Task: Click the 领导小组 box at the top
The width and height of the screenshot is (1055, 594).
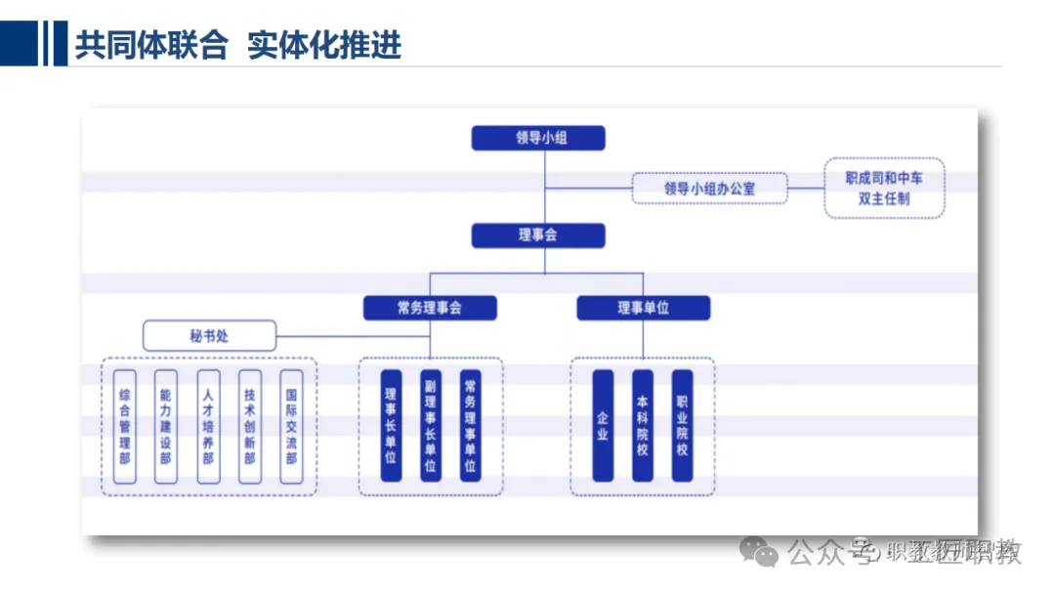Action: pyautogui.click(x=538, y=138)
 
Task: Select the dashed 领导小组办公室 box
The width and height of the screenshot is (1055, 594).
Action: pyautogui.click(x=709, y=188)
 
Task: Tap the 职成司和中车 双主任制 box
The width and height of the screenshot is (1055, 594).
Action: pyautogui.click(x=884, y=188)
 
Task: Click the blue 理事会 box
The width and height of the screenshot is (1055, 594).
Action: pyautogui.click(x=538, y=235)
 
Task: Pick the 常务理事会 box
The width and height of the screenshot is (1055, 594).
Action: pyautogui.click(x=430, y=309)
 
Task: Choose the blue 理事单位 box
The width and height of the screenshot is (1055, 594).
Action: pyautogui.click(x=643, y=309)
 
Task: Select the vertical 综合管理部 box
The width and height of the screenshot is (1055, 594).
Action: pyautogui.click(x=125, y=426)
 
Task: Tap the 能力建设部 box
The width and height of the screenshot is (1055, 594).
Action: pyautogui.click(x=166, y=426)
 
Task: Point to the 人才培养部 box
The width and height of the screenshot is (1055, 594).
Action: pyautogui.click(x=208, y=426)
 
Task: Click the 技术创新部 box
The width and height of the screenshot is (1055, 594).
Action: pyautogui.click(x=250, y=426)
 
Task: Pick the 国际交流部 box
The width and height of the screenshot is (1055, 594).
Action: pyautogui.click(x=291, y=426)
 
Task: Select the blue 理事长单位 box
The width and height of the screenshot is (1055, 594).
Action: pyautogui.click(x=391, y=426)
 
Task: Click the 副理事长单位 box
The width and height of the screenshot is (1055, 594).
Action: pyautogui.click(x=430, y=426)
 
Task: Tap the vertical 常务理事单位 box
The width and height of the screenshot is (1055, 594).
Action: pyautogui.click(x=470, y=426)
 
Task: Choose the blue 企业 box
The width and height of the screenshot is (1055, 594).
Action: pyautogui.click(x=603, y=426)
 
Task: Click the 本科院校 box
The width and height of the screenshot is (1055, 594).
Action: pyautogui.click(x=642, y=426)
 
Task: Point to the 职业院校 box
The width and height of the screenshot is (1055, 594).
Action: pyautogui.click(x=682, y=426)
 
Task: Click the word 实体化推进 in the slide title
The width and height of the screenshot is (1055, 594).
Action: pyautogui.click(x=324, y=46)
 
